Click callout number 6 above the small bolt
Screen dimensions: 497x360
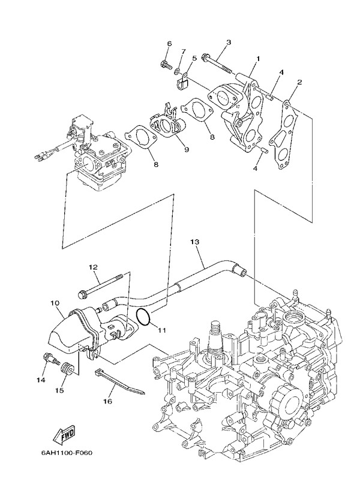pos(169,44)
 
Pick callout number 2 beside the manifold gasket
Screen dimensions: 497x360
pos(299,82)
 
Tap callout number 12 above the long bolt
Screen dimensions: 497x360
pos(93,267)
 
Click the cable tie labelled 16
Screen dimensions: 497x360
pos(120,381)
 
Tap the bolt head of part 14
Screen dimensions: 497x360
pos(46,359)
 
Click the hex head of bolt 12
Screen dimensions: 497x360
pos(83,294)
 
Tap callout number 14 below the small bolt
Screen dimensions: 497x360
pos(41,380)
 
